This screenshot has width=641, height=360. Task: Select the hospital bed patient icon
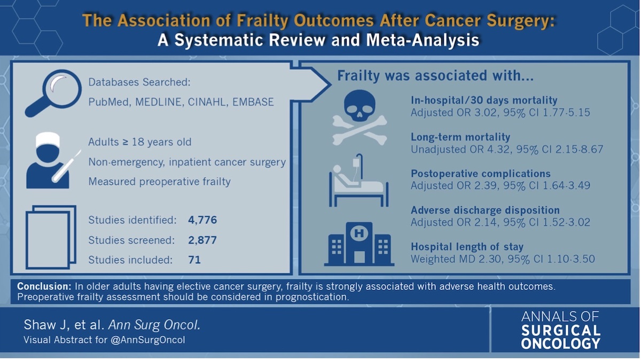click(x=357, y=181)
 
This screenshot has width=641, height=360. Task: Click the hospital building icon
click(x=359, y=244)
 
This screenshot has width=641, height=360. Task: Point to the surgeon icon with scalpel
click(x=49, y=161)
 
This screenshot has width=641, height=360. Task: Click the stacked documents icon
click(x=51, y=236)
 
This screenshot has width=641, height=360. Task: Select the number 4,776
click(x=202, y=220)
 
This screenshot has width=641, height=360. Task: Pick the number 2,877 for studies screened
click(x=202, y=240)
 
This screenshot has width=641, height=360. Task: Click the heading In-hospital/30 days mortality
click(x=484, y=100)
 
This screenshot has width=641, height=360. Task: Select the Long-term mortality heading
click(x=460, y=137)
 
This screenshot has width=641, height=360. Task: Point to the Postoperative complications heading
click(x=481, y=174)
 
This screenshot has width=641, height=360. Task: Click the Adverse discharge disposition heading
click(x=485, y=210)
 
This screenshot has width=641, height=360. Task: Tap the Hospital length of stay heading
click(x=467, y=247)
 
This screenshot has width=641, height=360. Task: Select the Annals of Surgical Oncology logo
click(x=560, y=330)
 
